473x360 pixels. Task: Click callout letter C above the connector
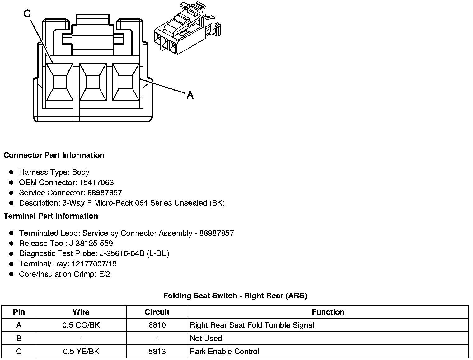click(x=27, y=14)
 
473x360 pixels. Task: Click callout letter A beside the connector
click(x=190, y=95)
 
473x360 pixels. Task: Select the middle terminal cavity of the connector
click(x=92, y=82)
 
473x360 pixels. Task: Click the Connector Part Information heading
click(x=54, y=155)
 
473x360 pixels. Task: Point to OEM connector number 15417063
click(x=96, y=182)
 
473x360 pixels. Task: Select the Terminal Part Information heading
click(x=51, y=216)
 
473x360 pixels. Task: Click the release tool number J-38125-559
click(x=92, y=243)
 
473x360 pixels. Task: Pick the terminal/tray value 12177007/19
click(x=94, y=264)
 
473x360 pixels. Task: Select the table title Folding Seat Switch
click(x=235, y=296)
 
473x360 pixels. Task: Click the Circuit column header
click(x=157, y=312)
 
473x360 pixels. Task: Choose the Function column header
click(x=328, y=312)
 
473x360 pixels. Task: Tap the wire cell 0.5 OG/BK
click(x=81, y=325)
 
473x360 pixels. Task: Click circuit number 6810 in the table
click(x=157, y=325)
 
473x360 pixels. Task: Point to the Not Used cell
click(x=206, y=338)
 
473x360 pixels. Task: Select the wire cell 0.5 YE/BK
click(x=81, y=351)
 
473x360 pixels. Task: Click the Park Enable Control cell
click(x=224, y=351)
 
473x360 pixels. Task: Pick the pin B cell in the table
click(x=19, y=338)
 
